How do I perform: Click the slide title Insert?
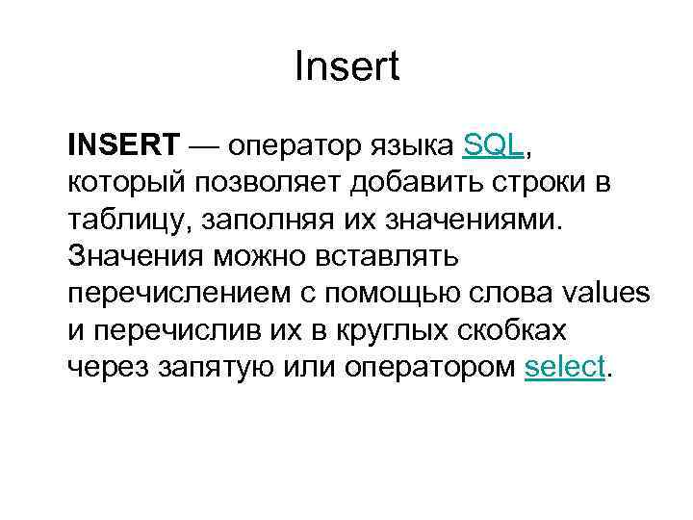[x=346, y=68]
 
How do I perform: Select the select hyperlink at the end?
[x=566, y=366]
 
